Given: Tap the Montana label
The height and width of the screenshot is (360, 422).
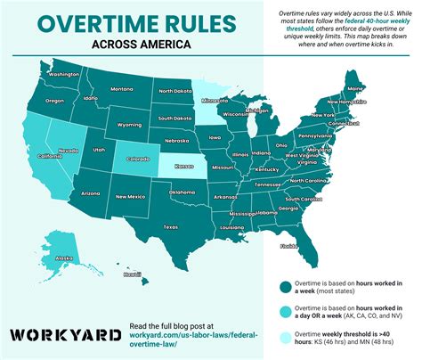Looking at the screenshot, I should click(122, 89).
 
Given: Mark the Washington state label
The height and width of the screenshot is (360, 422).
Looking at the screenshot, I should click(64, 75).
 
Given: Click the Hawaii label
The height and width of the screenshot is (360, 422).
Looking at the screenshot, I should click(132, 274).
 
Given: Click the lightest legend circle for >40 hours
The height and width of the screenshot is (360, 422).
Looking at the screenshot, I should click(284, 338).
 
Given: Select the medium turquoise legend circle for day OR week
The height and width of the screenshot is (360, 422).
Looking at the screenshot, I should click(284, 312).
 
